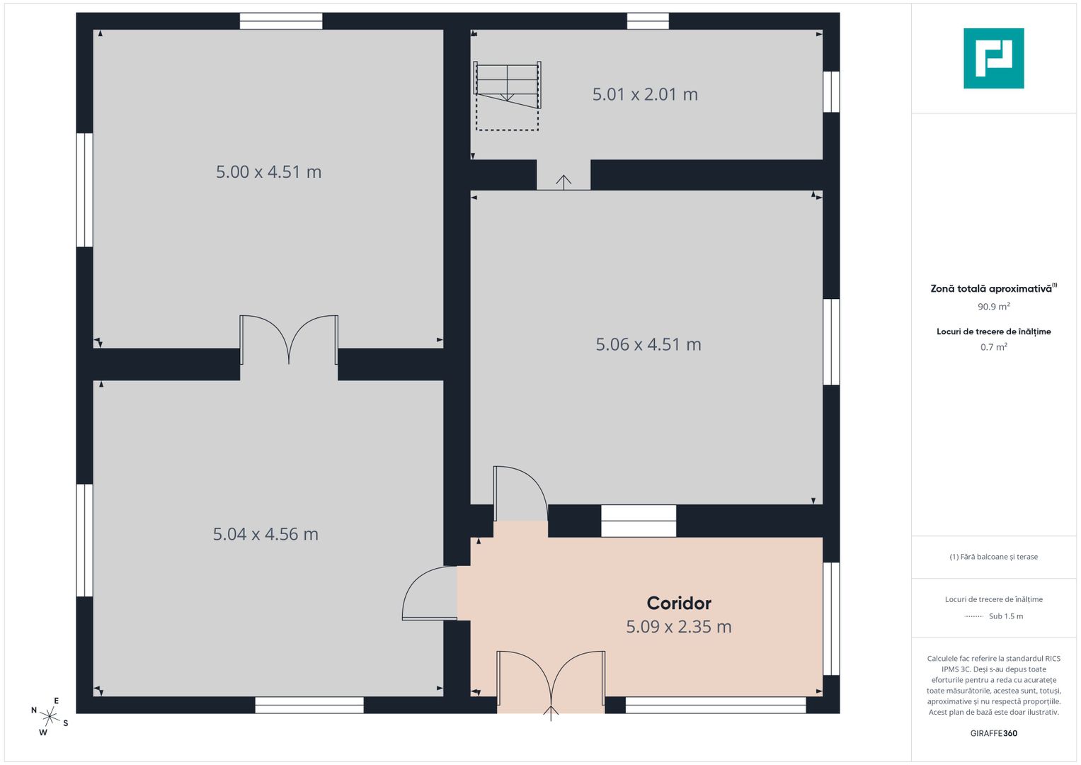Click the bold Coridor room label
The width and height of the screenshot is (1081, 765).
click(678, 603)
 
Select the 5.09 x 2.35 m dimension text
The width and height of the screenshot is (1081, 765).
click(678, 626)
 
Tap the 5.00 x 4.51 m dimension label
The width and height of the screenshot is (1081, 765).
click(268, 172)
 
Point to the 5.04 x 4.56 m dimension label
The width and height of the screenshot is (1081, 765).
click(265, 534)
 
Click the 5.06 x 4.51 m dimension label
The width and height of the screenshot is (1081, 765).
click(648, 344)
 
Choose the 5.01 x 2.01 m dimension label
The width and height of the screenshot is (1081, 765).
click(645, 94)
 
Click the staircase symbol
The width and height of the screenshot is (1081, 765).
click(507, 96)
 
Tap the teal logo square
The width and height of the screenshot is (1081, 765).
click(994, 58)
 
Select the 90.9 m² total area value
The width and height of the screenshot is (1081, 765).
click(994, 306)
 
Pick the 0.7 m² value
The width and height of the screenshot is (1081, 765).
click(994, 347)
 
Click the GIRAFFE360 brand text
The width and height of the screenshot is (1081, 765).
click(994, 733)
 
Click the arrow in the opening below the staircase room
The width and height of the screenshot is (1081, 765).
click(564, 181)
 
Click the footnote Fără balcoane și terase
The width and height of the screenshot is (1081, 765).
click(994, 557)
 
